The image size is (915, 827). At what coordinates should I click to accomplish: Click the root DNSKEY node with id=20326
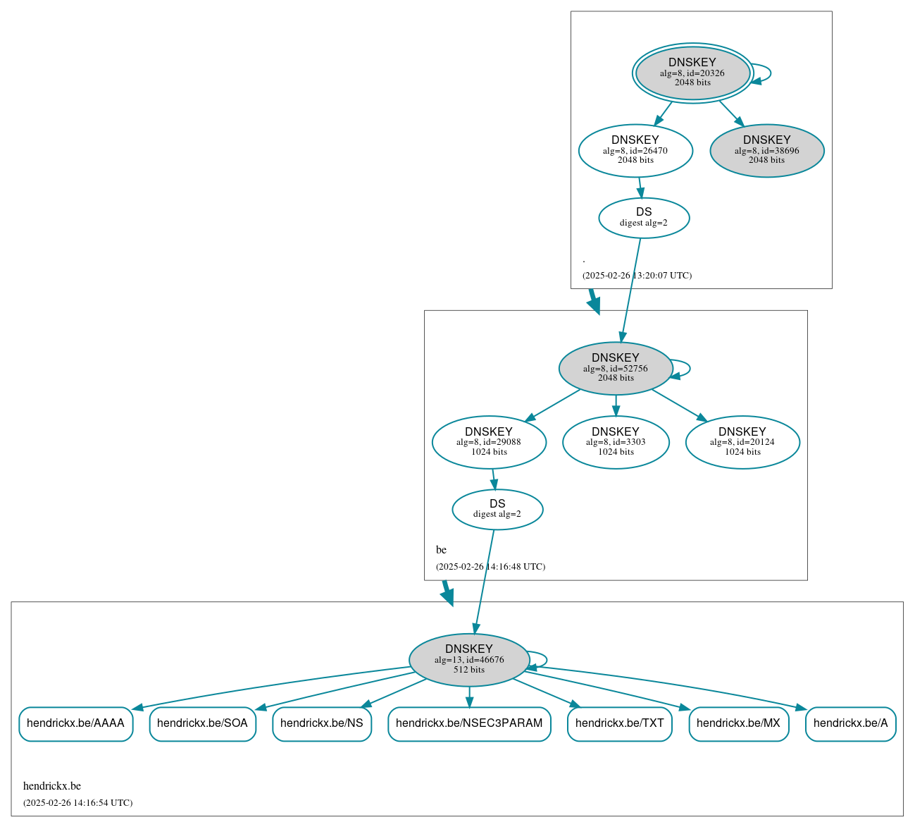coord(692,73)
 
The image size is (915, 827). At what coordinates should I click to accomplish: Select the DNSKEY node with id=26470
coord(635,150)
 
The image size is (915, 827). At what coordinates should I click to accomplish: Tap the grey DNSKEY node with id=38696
coord(766,150)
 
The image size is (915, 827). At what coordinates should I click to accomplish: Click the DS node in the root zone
coord(644,218)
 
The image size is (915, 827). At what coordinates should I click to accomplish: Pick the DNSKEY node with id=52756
coord(615,368)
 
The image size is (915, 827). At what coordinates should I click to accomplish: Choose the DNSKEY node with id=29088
coord(489,442)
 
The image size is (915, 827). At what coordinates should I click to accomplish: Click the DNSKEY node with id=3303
coord(616,442)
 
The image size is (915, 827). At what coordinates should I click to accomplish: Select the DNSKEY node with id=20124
coord(742,442)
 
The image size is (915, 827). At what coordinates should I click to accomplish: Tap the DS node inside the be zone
coord(497,509)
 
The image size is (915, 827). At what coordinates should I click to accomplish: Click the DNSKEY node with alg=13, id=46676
coord(469,660)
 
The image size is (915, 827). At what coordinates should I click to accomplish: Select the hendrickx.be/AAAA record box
coord(75,723)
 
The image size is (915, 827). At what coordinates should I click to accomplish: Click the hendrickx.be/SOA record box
coord(202,723)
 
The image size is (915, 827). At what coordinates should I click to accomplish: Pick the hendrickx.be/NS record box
coord(322,723)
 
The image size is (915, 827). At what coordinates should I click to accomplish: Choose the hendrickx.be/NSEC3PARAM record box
coord(469,723)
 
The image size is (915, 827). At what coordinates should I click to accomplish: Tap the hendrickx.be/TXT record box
coord(620,723)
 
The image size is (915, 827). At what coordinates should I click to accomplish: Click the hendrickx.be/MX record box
coord(738,723)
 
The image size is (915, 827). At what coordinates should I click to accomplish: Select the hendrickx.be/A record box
coord(850,723)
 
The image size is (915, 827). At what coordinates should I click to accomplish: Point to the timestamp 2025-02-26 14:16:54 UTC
coord(77,802)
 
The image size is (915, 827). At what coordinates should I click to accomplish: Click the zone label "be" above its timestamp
coord(441,550)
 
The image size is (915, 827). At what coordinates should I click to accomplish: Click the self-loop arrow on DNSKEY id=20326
coord(770,73)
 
